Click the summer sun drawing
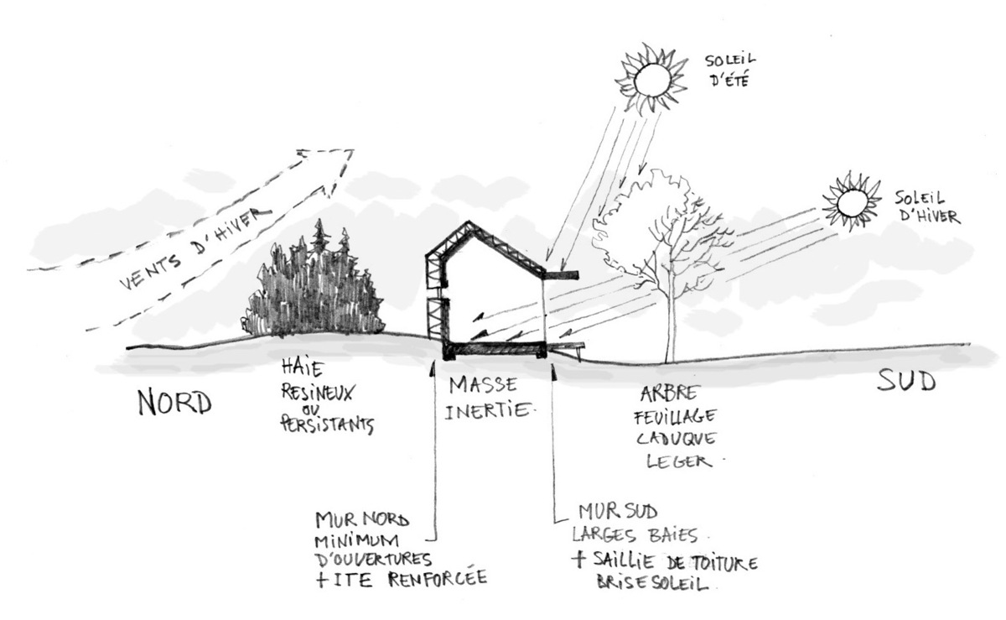[x=652, y=80]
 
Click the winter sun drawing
[x=852, y=202]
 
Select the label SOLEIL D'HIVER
[x=926, y=208]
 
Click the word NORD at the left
[x=175, y=404]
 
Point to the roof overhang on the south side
[x=560, y=274]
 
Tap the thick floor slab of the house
[x=495, y=349]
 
